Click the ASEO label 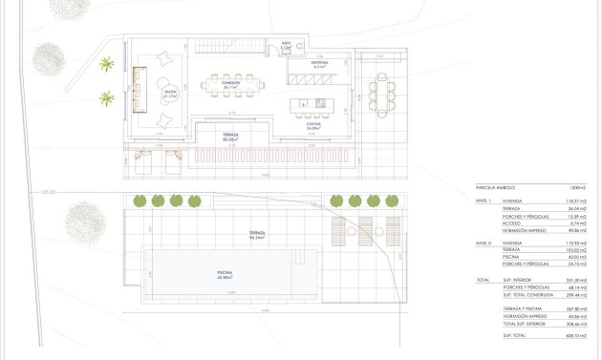285,46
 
